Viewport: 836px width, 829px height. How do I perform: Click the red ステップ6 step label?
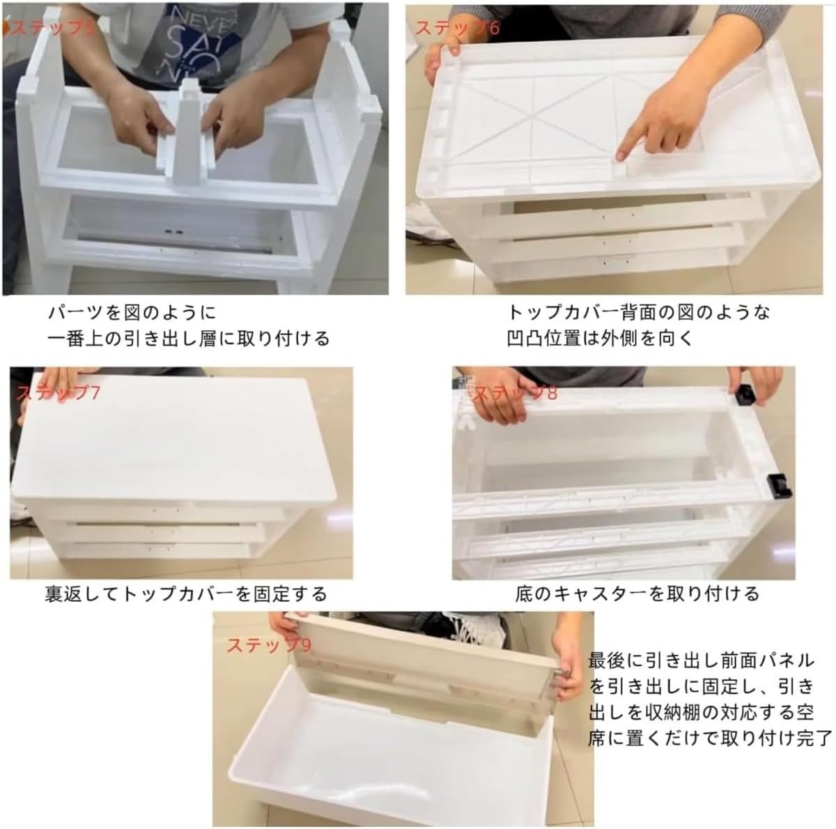tap(456, 28)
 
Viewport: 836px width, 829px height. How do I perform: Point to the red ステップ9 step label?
tap(269, 644)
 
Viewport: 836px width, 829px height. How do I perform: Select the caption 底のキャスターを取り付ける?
tap(637, 594)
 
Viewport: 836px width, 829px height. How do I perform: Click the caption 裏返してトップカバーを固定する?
tap(186, 594)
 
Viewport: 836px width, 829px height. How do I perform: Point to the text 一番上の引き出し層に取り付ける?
tap(188, 339)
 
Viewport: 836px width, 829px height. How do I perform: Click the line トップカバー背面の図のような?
tap(638, 311)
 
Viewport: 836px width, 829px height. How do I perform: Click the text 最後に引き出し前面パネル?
tap(701, 659)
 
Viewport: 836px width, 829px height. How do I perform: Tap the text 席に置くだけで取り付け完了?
tap(710, 737)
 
